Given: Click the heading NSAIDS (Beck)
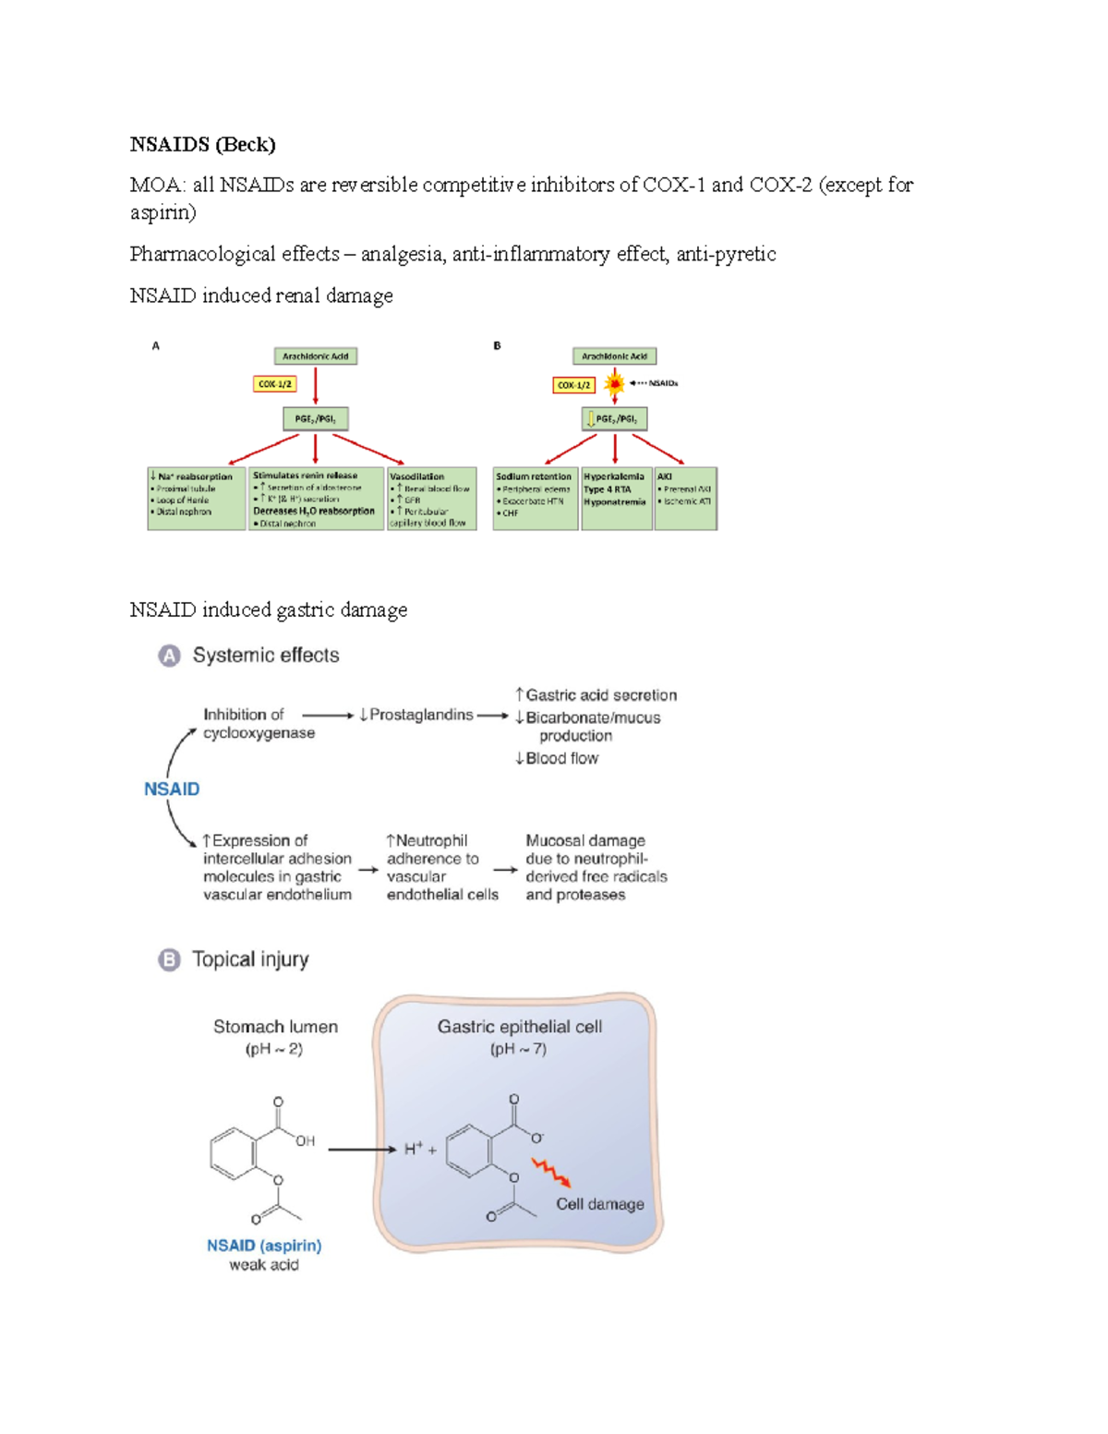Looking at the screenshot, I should tap(202, 144).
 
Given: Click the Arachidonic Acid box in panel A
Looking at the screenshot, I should tap(316, 356).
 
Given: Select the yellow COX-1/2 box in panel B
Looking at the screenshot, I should tap(573, 385).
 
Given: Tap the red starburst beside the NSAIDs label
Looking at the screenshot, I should tap(615, 383).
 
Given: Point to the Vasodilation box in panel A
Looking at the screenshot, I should tap(431, 499).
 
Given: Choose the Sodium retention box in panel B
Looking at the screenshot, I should tap(535, 499).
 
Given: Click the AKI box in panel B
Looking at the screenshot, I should tap(685, 499).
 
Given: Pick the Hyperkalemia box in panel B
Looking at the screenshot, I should tap(615, 499).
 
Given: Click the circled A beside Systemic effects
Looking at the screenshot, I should tap(169, 656).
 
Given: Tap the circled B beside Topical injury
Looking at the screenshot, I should tap(169, 960).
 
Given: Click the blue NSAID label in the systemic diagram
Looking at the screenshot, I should tap(172, 789).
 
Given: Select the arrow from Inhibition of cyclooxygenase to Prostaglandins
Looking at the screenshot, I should tap(328, 716).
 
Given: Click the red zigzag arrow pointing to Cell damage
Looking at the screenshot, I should tap(551, 1173).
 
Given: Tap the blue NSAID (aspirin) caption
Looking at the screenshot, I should tap(264, 1246).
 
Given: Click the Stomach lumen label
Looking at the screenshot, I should tap(275, 1027).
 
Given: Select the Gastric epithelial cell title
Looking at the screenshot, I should tap(520, 1027).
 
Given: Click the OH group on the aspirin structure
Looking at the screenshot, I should tap(306, 1141).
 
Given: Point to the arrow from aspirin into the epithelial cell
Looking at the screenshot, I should tap(362, 1150).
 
